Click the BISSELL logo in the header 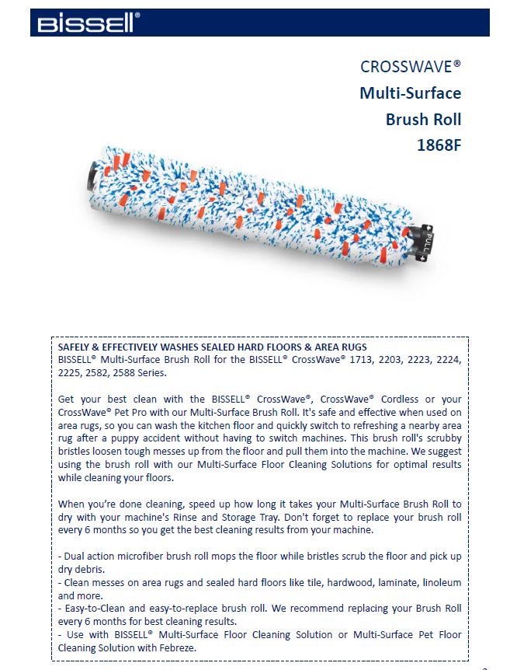click(x=85, y=23)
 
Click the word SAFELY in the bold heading click(x=75, y=346)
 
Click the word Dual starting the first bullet click(x=75, y=557)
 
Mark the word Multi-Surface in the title click(x=410, y=93)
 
